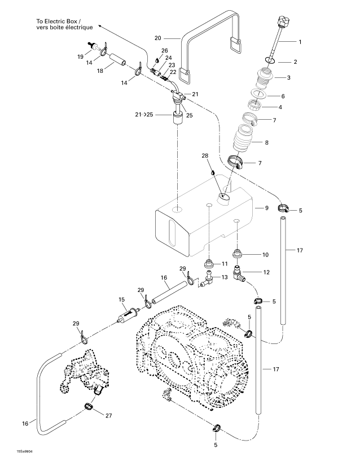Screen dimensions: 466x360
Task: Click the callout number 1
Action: coord(300,42)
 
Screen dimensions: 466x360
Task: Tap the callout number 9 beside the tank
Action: coord(260,208)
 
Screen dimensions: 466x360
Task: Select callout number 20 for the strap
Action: coord(158,38)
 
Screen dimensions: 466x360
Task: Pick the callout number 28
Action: coord(204,155)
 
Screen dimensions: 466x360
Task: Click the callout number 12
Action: coord(266,272)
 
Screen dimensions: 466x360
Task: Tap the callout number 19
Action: coord(81,56)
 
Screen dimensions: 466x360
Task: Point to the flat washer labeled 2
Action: coord(270,60)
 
